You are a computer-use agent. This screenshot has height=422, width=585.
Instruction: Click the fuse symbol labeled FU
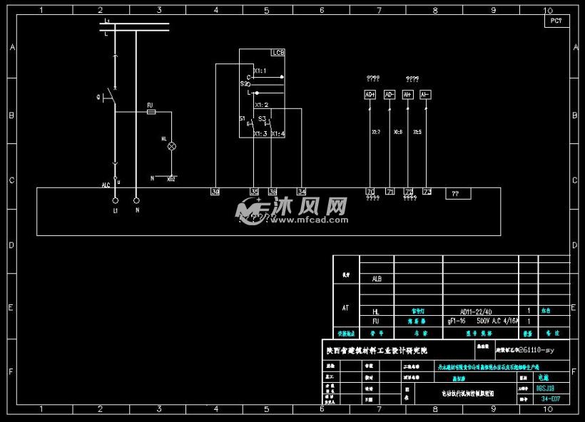click(x=151, y=112)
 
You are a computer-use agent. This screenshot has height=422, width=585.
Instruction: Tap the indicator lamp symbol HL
click(x=171, y=145)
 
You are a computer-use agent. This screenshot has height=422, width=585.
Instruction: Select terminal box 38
click(x=215, y=192)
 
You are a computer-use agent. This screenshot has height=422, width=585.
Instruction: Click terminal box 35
click(x=254, y=192)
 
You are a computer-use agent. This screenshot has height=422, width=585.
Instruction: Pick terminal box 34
click(x=302, y=192)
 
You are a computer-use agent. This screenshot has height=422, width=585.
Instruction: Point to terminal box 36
click(x=273, y=192)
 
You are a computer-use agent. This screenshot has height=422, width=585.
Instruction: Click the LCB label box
click(x=278, y=53)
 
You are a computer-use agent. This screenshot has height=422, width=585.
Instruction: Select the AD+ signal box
click(x=370, y=95)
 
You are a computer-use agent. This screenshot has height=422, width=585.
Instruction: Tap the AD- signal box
click(x=390, y=95)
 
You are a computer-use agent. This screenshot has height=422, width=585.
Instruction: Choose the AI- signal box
click(x=425, y=95)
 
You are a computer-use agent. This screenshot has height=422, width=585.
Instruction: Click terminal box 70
click(x=370, y=192)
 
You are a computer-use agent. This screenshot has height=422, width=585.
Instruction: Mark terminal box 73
click(x=427, y=192)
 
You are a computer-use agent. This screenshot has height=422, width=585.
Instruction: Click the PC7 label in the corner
click(x=556, y=21)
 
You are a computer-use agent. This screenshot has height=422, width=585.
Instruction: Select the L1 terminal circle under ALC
click(x=116, y=201)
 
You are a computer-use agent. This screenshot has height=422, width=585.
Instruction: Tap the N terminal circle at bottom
click(x=137, y=201)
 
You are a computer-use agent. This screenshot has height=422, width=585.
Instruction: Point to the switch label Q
click(x=98, y=96)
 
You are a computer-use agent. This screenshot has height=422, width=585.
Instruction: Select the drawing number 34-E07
click(x=551, y=399)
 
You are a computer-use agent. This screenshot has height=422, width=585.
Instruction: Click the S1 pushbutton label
click(x=242, y=118)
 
